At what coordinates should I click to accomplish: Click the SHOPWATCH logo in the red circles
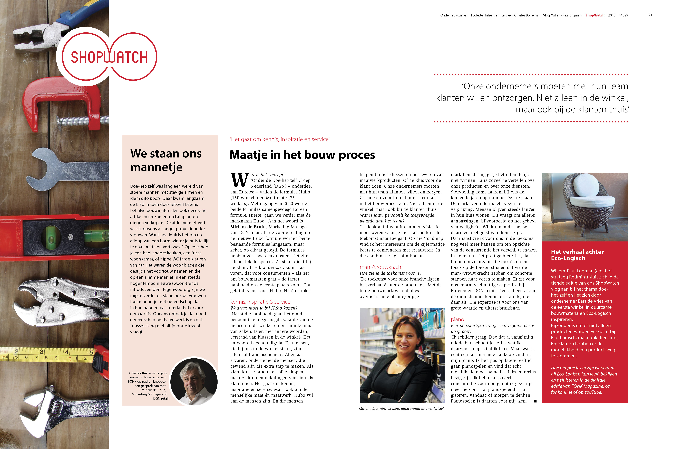109,57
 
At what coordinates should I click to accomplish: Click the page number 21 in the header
650,15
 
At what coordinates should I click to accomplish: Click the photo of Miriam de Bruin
402,355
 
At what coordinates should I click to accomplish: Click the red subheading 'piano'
457,319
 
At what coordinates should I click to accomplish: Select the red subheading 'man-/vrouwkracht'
381,267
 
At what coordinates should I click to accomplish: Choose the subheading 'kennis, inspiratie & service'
260,302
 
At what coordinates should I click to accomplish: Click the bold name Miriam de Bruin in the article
248,227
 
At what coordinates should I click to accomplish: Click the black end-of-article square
535,401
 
